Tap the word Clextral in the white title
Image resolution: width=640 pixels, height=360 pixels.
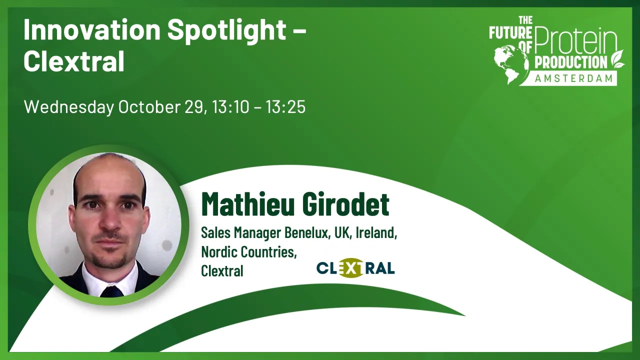pyautogui.click(x=73, y=61)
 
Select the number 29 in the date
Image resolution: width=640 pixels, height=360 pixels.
pyautogui.click(x=193, y=107)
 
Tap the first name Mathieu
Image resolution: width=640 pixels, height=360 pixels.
pyautogui.click(x=244, y=204)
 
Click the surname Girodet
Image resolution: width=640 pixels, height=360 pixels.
pyautogui.click(x=343, y=204)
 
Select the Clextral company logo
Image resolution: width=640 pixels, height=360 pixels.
pyautogui.click(x=355, y=268)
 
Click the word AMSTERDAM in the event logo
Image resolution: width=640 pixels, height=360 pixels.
pyautogui.click(x=574, y=78)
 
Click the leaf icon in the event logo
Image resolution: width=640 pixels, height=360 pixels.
pyautogui.click(x=618, y=58)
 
